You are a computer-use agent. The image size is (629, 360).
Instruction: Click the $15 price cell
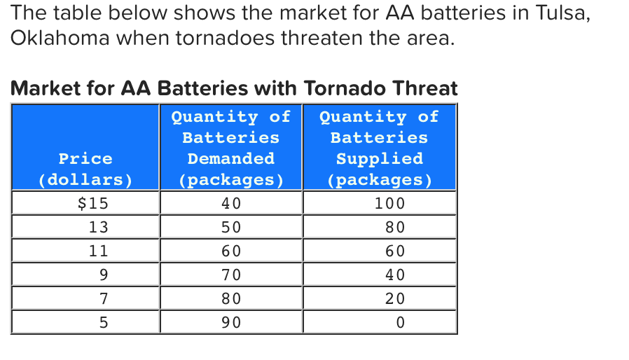coord(92,204)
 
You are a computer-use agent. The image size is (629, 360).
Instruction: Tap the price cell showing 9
coord(103,275)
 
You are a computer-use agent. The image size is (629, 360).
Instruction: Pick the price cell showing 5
coord(103,322)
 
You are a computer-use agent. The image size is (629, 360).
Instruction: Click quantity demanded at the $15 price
coord(230,204)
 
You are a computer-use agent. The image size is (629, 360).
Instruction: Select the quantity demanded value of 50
coord(230,227)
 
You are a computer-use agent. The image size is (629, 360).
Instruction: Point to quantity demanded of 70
coord(230,275)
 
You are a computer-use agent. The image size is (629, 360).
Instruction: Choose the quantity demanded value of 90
coord(230,322)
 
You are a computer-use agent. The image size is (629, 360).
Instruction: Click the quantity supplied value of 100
coord(389,204)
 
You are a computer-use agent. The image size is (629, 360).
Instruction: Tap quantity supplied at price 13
coord(395,227)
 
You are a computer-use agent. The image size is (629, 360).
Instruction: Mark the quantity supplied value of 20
coord(395,298)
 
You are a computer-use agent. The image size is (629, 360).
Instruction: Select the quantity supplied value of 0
coord(400,322)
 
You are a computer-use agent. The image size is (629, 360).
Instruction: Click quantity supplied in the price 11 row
coord(395,251)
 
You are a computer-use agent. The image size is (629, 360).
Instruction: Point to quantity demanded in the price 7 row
coord(230,298)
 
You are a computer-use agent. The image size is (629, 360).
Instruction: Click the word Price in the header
coord(85,158)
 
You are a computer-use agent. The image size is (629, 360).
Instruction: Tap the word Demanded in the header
coord(230,158)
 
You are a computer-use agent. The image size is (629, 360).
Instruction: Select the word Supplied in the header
coord(379,158)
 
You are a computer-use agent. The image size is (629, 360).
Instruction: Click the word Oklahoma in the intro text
coord(59,39)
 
